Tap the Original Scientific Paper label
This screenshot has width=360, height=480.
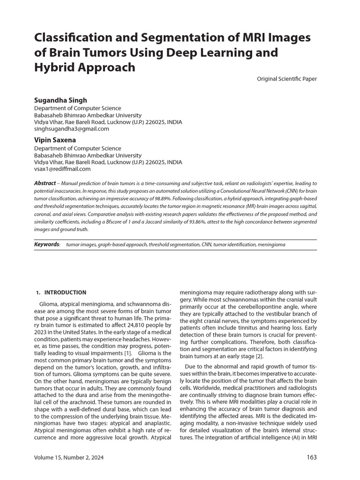click(x=286, y=79)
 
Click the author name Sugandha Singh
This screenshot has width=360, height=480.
click(x=60, y=100)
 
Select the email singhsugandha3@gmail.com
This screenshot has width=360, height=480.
click(x=72, y=129)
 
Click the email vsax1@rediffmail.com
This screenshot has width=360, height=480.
click(x=62, y=169)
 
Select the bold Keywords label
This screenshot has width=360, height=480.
click(x=47, y=245)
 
